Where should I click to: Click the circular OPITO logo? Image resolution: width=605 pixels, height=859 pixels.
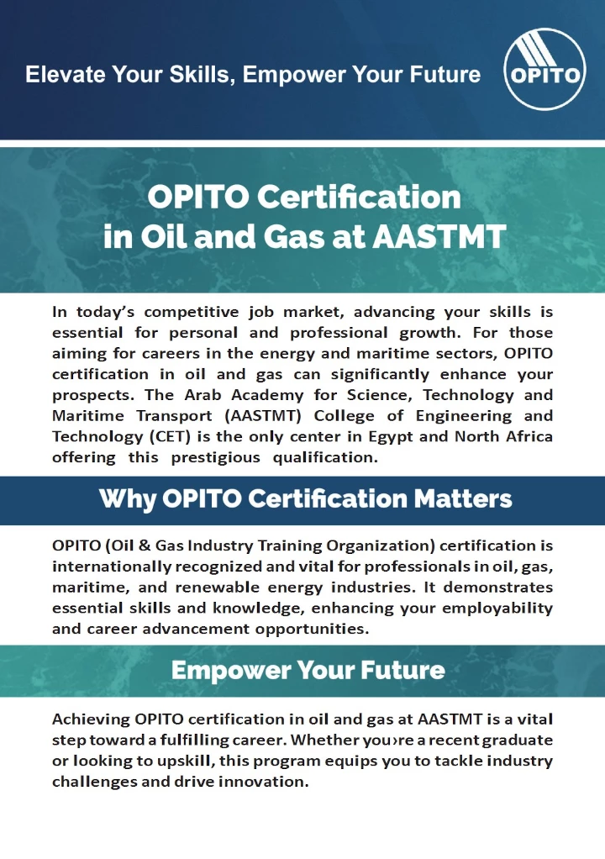(544, 69)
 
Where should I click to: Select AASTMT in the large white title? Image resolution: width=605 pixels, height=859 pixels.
(439, 237)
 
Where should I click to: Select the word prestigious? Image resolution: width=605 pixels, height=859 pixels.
(215, 458)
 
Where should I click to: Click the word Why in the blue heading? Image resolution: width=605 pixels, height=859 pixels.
(127, 499)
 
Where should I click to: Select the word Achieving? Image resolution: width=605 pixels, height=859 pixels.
(91, 719)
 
